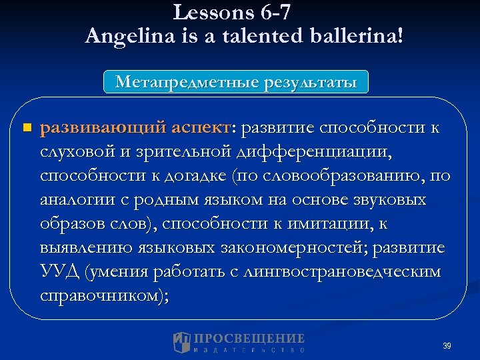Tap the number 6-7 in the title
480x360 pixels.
tap(272, 12)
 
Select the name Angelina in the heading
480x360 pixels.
tap(129, 36)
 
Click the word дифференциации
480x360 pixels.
tap(315, 153)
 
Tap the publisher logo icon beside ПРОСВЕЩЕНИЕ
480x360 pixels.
tap(181, 342)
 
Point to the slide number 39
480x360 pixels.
tap(447, 346)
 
